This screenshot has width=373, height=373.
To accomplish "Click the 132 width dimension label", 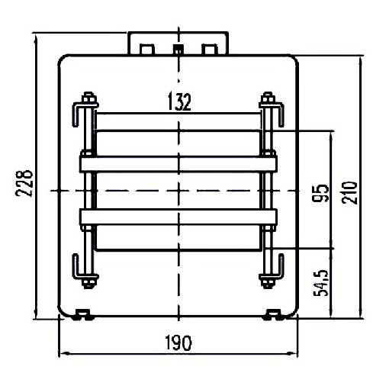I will [178, 102].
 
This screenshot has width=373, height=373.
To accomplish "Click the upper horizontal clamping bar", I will [178, 162].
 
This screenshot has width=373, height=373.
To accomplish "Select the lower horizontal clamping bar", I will [178, 217].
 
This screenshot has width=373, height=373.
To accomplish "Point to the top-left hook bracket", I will [77, 114].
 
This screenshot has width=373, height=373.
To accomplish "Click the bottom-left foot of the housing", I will [82, 313].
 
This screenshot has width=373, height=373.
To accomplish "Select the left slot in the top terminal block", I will [147, 49].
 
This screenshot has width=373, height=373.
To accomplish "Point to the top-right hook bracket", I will [280, 114].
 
